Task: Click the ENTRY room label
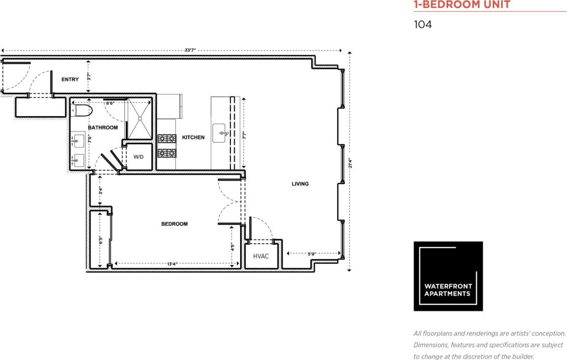point(70,80)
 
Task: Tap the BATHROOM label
point(102,127)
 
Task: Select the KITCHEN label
point(193,137)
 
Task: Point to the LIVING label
point(300,184)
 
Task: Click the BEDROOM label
point(174,224)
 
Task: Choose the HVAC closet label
point(261,256)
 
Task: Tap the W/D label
point(139,157)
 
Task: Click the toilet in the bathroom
point(82,110)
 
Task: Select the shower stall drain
point(139,118)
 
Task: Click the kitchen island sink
point(221,134)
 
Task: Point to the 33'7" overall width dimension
point(190,50)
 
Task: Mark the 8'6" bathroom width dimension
point(110,104)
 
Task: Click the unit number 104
point(423,24)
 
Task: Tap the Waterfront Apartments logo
point(448,276)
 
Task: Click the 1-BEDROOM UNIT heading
point(461,5)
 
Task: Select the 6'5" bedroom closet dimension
point(101,239)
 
